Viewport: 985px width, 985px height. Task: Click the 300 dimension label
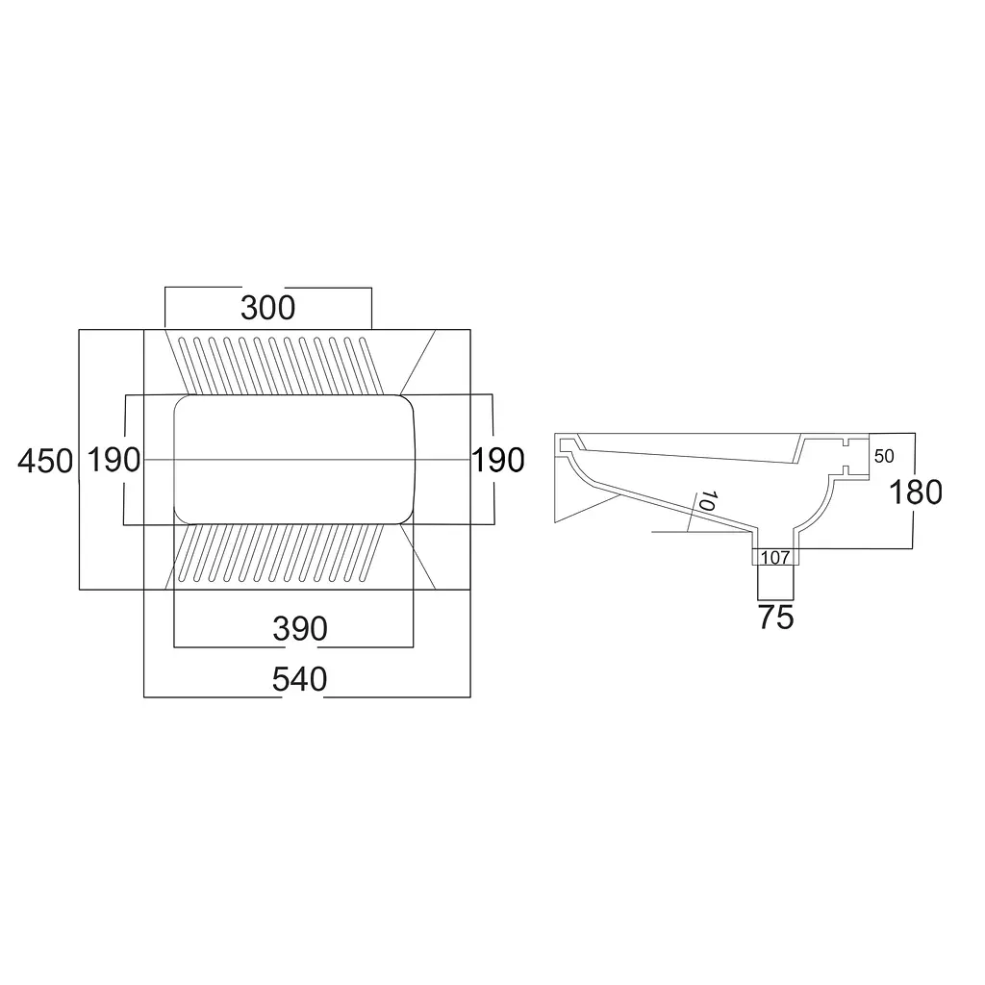point(267,308)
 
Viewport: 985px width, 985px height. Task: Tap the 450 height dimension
point(45,461)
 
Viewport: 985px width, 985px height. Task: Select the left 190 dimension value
point(114,460)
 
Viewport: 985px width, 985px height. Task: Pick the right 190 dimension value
point(498,460)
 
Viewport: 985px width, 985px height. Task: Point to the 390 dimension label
point(300,629)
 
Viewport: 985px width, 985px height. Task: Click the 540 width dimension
point(300,680)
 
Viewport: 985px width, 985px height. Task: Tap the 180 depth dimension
point(916,492)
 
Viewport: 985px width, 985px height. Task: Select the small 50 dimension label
point(884,456)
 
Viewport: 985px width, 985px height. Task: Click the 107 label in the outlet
point(775,557)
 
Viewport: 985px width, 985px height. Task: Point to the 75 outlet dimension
point(776,618)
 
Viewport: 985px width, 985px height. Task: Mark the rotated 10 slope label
point(707,501)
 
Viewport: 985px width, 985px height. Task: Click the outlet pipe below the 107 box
point(776,582)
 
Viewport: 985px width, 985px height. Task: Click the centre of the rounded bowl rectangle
point(294,459)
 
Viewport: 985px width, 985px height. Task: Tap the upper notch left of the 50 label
point(845,442)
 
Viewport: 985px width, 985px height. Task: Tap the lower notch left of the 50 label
point(845,469)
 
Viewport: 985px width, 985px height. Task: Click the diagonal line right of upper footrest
point(417,363)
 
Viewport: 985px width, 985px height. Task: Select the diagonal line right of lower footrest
point(417,557)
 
